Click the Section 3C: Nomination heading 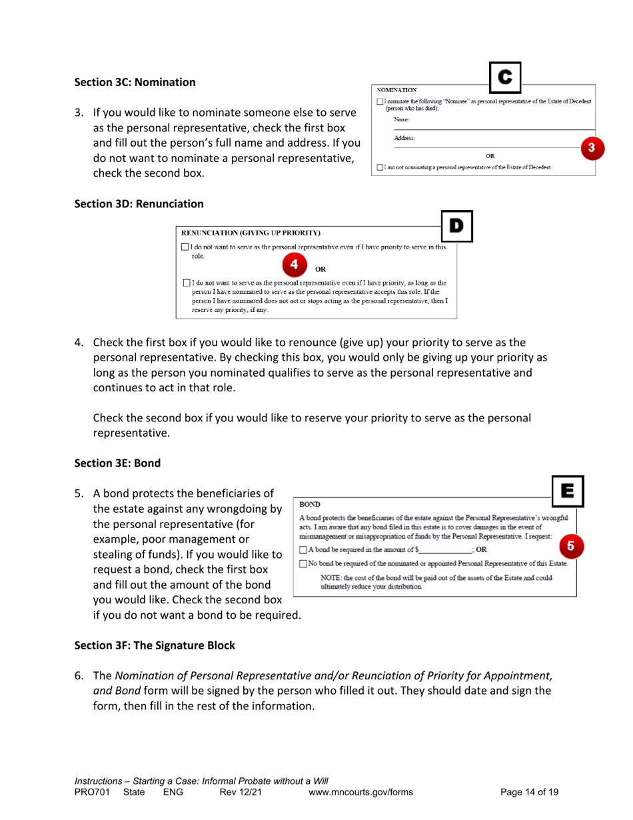[x=135, y=83]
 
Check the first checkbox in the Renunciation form [x=185, y=247]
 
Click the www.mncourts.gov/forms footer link [x=361, y=792]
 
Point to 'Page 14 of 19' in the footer [x=529, y=792]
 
